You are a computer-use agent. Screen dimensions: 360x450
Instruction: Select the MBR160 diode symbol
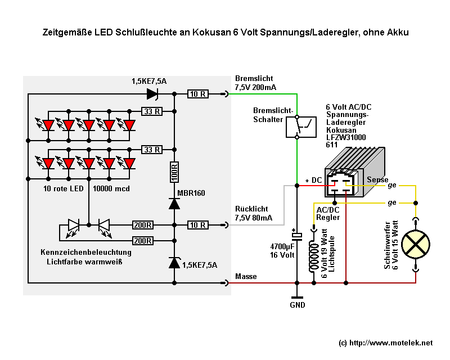tap(174, 204)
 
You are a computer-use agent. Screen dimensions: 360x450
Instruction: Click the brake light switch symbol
tap(297, 127)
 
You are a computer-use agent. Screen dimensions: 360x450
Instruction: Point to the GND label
tap(297, 305)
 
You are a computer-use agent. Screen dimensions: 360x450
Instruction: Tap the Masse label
tap(245, 276)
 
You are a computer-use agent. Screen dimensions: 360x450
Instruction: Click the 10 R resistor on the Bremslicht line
tap(198, 94)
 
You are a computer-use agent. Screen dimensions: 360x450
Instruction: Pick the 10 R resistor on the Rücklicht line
tap(198, 225)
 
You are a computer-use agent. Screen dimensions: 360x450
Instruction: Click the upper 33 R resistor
tap(151, 111)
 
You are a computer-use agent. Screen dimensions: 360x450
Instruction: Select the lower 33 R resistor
tap(151, 150)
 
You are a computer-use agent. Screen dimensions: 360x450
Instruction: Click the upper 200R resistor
tap(142, 225)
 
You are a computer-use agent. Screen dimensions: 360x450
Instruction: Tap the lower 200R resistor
tap(142, 241)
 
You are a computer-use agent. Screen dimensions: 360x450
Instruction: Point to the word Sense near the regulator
tap(377, 179)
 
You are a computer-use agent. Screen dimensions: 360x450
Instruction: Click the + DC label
tap(313, 180)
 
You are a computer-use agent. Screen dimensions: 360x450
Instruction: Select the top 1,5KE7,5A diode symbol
tap(152, 94)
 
